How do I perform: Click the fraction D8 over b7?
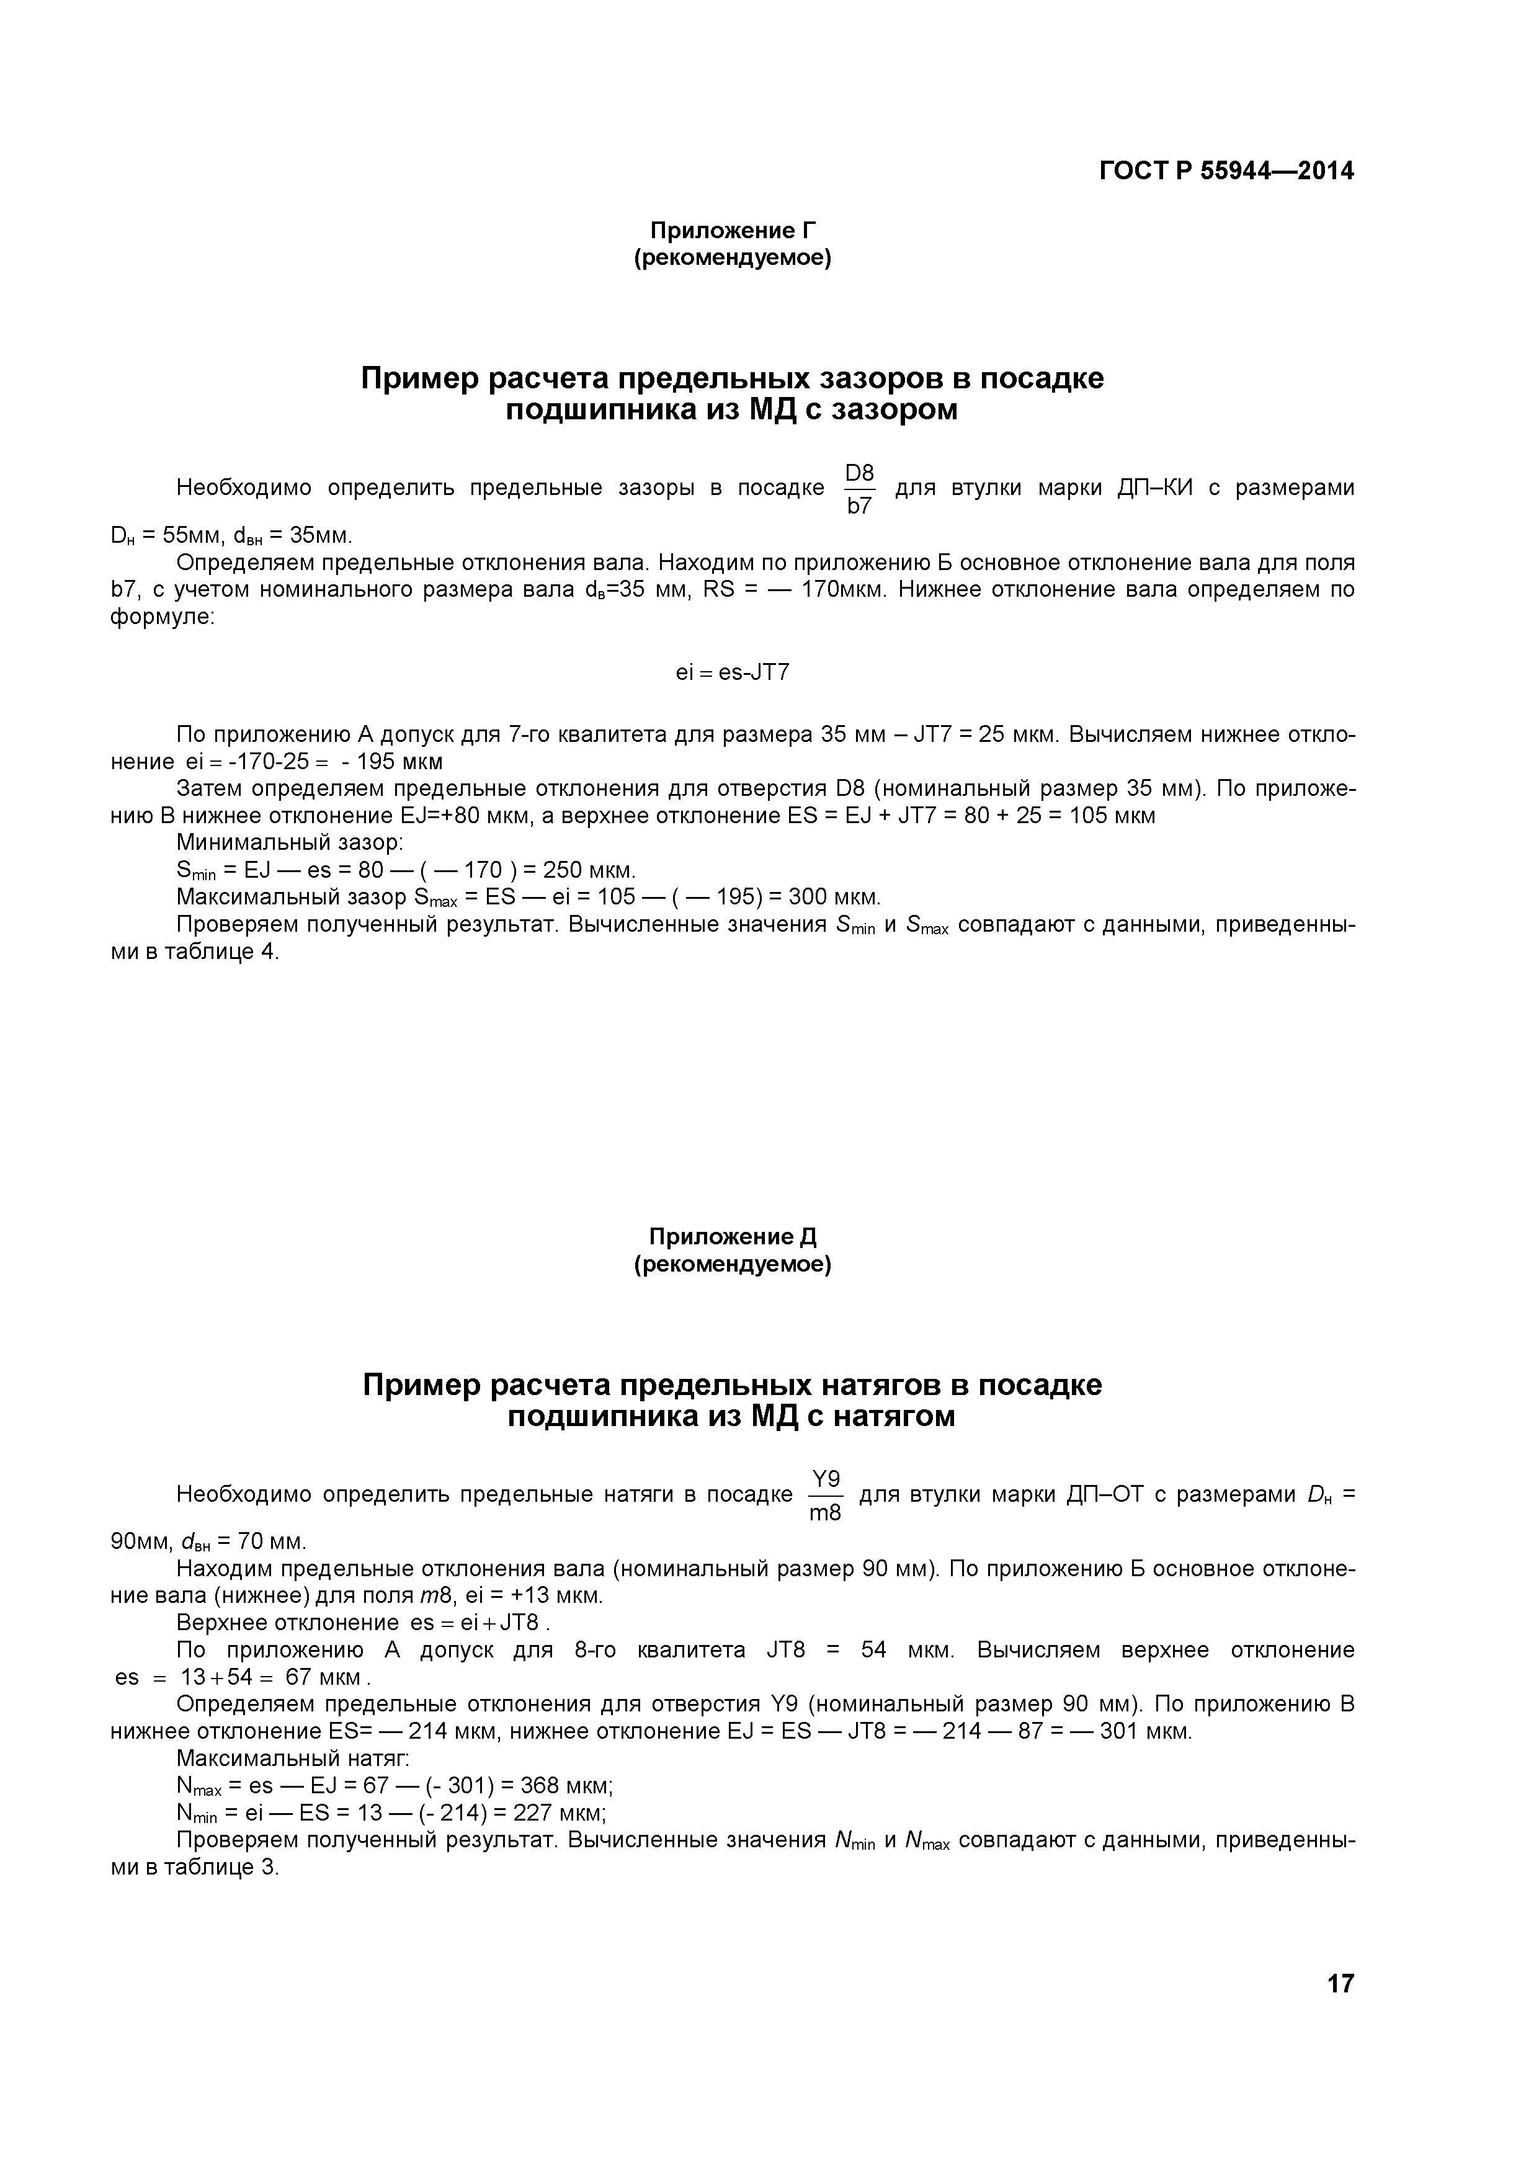[x=859, y=489]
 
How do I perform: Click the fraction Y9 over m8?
[x=826, y=1496]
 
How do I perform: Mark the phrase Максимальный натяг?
[x=293, y=1759]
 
